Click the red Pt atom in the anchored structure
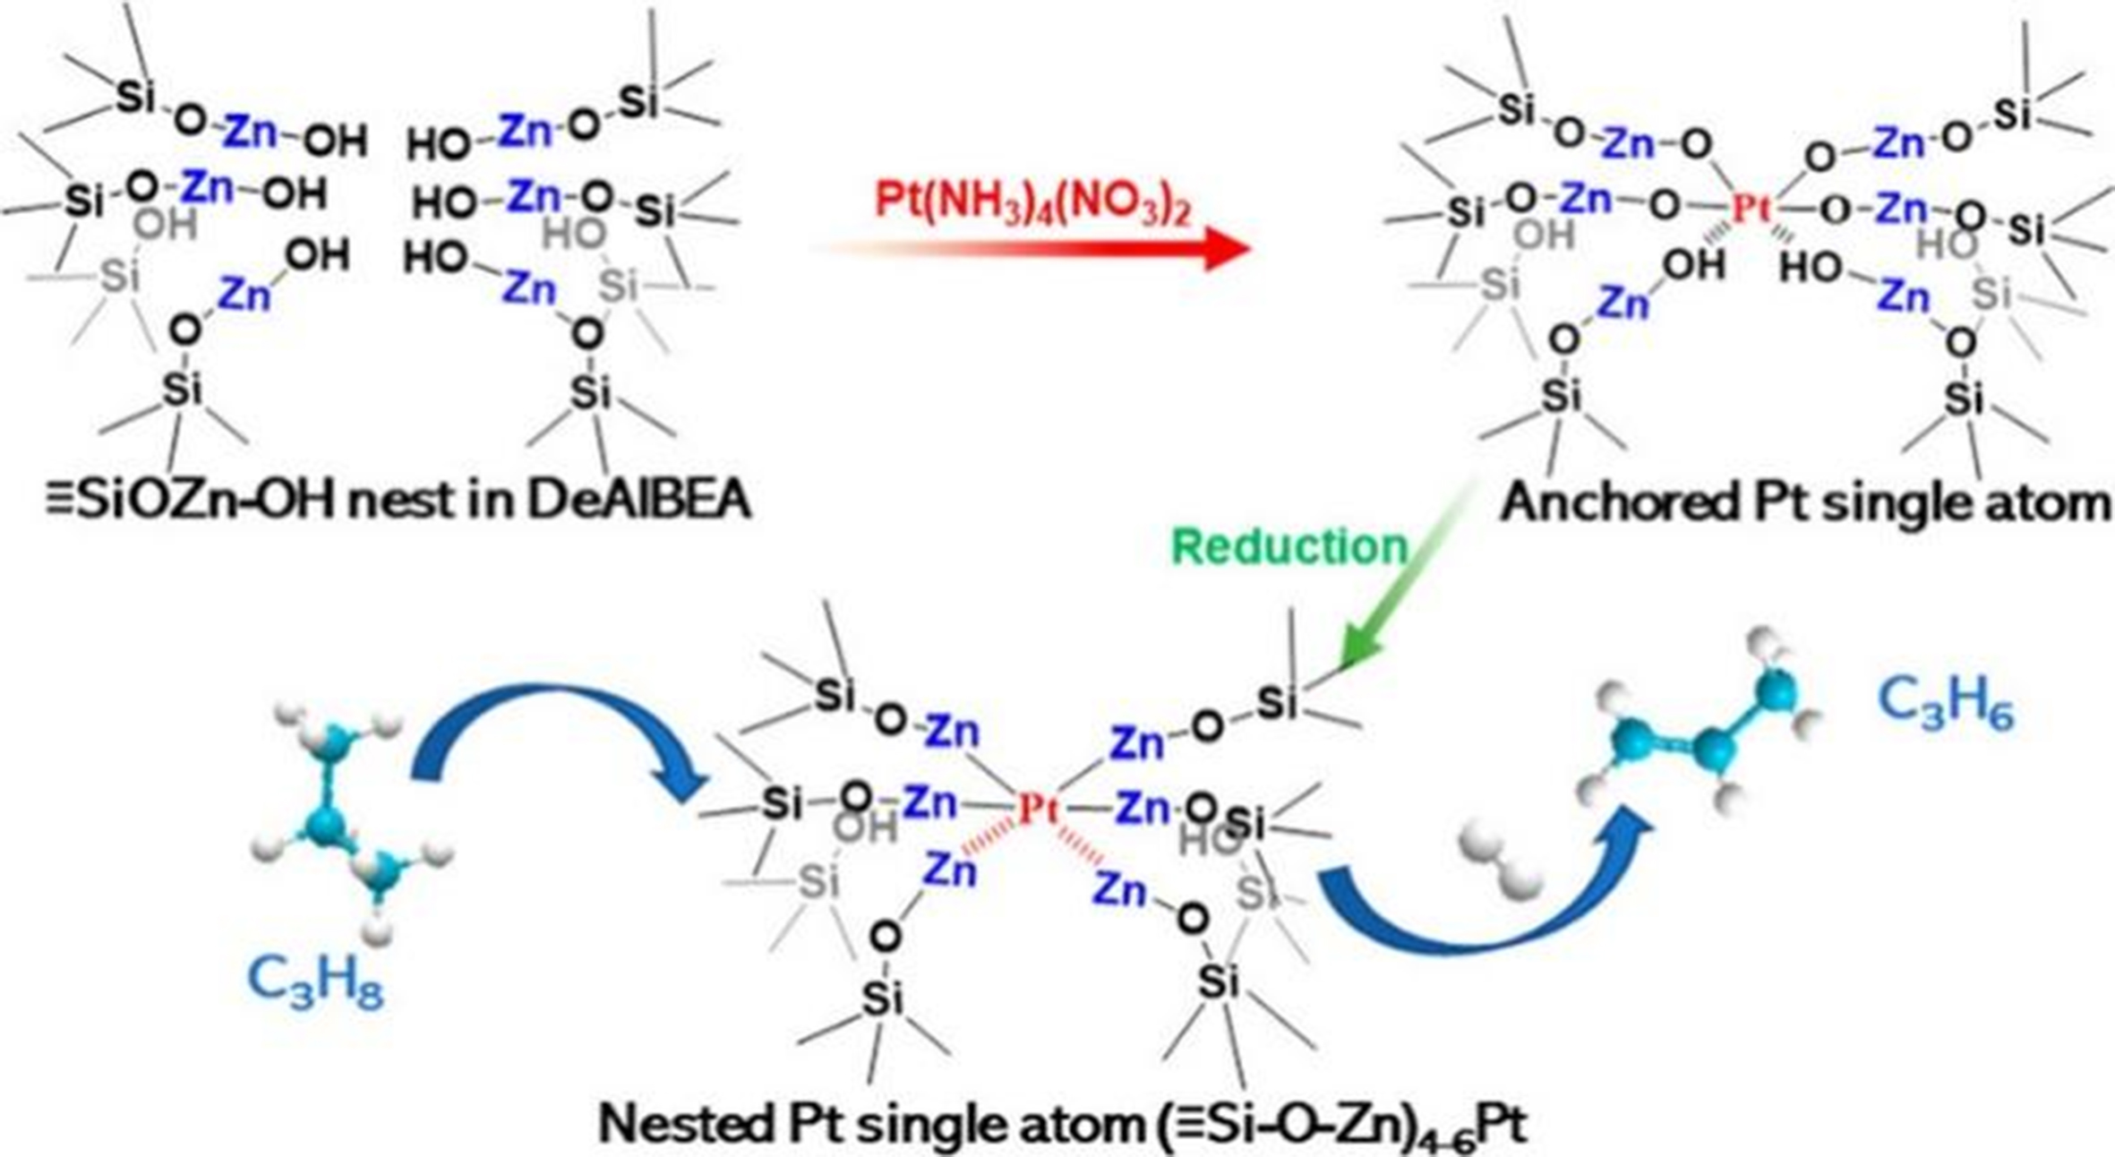[1750, 210]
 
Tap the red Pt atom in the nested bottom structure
[1038, 810]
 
